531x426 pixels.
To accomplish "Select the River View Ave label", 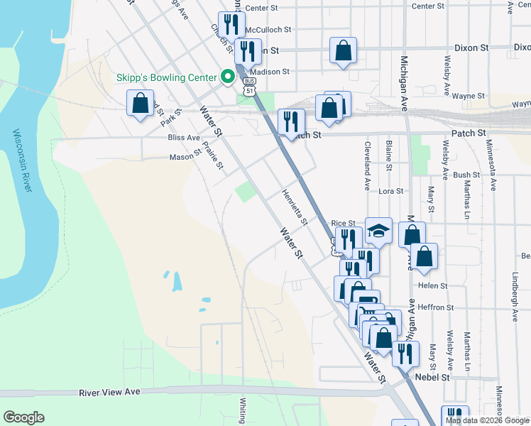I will click(110, 392).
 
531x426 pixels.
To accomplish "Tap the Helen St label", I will click(433, 286).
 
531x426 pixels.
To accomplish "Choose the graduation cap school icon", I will click(379, 230).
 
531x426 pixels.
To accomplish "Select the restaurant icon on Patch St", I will click(290, 121).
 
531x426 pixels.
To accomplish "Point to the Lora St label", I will click(390, 191).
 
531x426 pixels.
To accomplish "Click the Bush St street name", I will click(466, 175).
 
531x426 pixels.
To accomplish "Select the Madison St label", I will click(270, 72).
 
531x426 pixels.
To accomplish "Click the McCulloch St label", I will click(268, 30).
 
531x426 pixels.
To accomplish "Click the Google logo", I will click(23, 417).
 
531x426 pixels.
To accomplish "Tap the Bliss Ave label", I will click(184, 138).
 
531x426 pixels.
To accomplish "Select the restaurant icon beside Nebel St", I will click(404, 353).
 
